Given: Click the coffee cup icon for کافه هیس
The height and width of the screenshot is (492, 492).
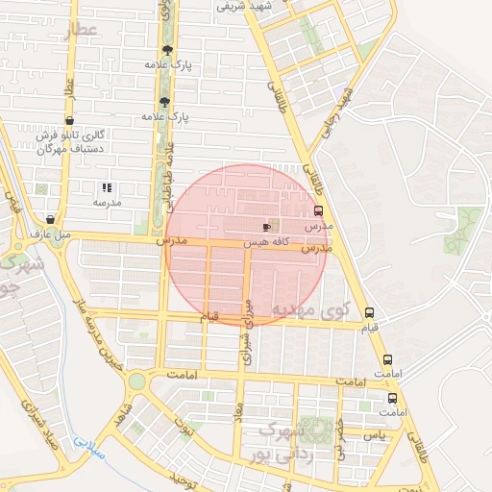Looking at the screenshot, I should [266, 227].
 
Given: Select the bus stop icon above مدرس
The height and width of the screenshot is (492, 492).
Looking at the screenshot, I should [318, 211].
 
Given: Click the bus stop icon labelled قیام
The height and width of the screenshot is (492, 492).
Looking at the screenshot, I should [369, 312].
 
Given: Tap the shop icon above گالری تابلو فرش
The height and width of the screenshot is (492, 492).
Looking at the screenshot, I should [67, 121].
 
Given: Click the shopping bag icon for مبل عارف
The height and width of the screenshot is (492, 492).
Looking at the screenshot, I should [50, 220].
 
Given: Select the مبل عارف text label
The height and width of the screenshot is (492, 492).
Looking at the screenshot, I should [50, 234].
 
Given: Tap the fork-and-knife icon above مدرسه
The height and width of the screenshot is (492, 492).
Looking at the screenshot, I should [107, 188].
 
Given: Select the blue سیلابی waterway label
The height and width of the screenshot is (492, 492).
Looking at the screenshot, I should [86, 448].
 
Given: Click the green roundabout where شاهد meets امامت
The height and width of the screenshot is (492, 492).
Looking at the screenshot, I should [137, 381].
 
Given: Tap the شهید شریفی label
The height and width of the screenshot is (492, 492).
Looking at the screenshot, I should [272, 6].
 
